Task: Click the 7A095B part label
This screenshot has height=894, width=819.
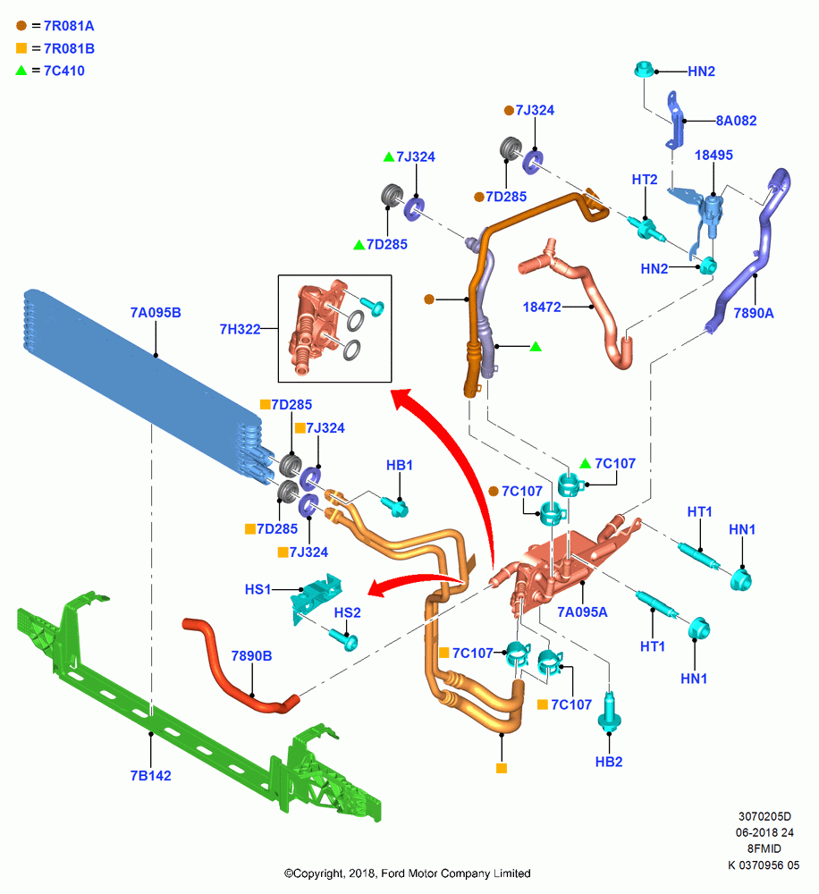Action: point(156,312)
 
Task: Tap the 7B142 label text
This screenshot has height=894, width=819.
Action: point(150,775)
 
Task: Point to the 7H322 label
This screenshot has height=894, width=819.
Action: point(240,329)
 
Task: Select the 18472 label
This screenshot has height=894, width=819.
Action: point(542,307)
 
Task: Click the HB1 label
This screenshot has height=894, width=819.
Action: point(400,465)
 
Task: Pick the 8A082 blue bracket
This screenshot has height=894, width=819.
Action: point(677,121)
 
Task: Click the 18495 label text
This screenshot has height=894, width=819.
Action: point(713,155)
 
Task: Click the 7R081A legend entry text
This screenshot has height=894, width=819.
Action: point(69,26)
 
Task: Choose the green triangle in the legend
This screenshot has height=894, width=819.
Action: point(21,71)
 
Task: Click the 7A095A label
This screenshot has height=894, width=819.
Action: point(582,611)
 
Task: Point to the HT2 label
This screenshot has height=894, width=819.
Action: point(645,179)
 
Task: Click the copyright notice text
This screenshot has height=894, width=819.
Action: point(407,873)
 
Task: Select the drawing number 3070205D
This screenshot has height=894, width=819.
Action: point(764,816)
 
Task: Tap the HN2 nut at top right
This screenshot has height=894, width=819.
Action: point(645,70)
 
